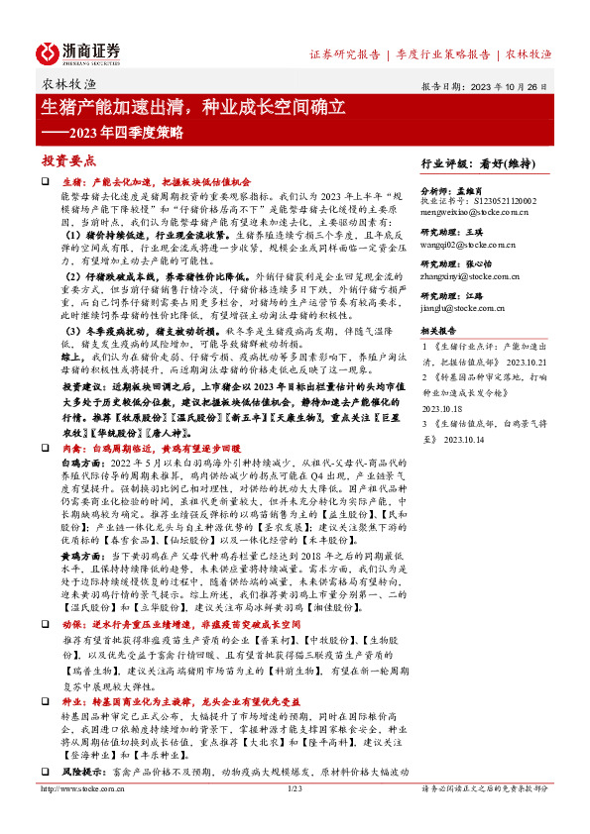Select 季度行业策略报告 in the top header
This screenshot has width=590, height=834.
click(x=443, y=54)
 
